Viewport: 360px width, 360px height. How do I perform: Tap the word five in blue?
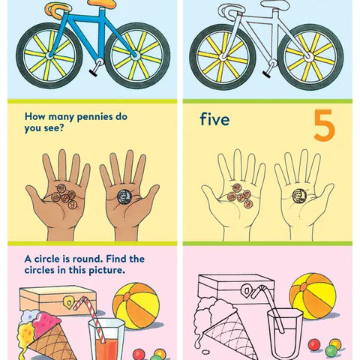(215, 120)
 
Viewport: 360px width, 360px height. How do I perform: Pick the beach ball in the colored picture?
(136, 304)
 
